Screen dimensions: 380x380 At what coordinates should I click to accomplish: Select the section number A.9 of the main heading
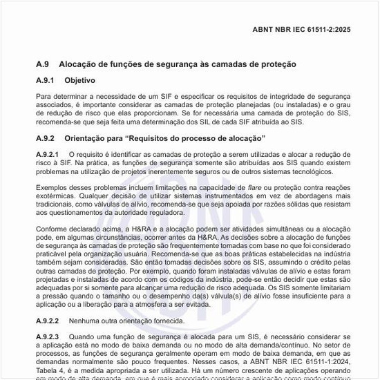[44, 64]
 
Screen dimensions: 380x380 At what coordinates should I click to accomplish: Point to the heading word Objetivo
[90, 81]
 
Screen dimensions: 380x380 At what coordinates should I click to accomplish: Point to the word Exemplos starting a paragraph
[53, 188]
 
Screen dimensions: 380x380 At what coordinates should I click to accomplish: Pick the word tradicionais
[59, 206]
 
